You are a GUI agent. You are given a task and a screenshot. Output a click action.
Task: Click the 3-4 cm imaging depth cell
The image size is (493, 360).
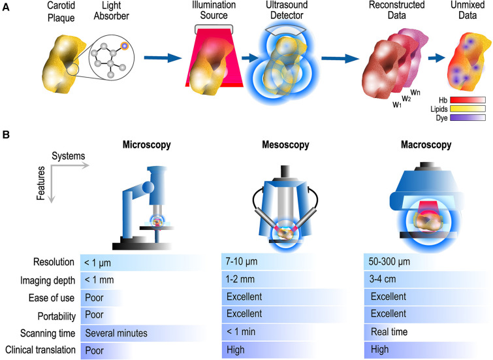tap(378, 280)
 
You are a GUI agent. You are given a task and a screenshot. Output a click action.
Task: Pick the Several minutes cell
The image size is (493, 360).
tap(115, 332)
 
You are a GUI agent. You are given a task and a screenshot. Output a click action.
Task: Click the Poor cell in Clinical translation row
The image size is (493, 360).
tap(94, 350)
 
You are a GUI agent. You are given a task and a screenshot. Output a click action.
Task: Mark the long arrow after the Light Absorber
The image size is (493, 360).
tap(162, 59)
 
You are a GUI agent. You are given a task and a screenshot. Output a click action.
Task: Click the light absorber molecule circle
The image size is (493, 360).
tap(112, 60)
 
